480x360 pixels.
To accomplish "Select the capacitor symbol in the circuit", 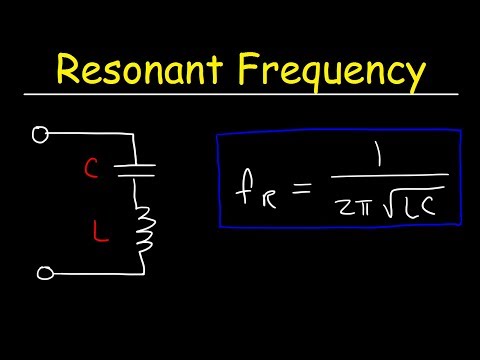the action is (139, 170).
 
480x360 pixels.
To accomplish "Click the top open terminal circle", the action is (40, 135).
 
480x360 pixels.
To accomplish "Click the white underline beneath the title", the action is (240, 95).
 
